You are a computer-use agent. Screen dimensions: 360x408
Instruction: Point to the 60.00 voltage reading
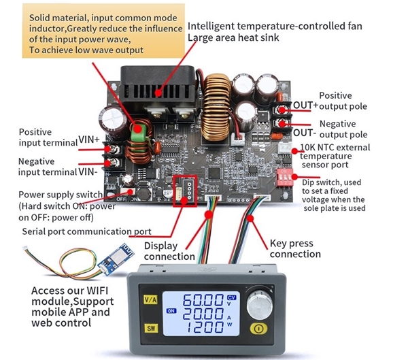click(197, 300)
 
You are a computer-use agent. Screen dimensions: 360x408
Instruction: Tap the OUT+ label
click(305, 105)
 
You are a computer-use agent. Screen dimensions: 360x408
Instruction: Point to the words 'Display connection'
click(170, 251)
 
